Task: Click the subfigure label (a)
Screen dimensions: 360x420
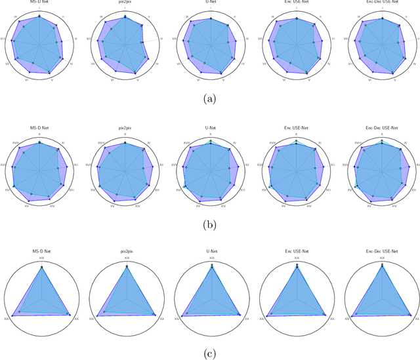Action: pos(210,99)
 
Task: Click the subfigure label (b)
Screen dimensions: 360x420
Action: pos(210,225)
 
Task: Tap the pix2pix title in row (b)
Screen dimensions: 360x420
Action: pos(125,128)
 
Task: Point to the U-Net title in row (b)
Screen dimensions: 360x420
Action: pos(211,128)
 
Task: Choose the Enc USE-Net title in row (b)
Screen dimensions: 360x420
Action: pos(297,128)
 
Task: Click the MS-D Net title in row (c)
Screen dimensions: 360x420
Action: pos(42,251)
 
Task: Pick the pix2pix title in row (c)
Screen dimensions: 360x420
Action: pos(127,251)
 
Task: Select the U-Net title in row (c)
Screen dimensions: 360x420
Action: pos(211,251)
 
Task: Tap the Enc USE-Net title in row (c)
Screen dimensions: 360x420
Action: pos(297,251)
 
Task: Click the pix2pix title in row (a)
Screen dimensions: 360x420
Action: pos(125,3)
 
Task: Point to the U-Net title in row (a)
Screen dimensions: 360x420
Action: pos(211,3)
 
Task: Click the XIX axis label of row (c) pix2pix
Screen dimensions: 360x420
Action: pos(127,258)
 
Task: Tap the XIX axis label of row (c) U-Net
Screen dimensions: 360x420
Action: pos(211,258)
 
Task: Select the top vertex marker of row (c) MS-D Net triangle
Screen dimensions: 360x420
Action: pos(42,267)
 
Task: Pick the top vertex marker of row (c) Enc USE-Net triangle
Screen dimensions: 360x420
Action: pos(297,266)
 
